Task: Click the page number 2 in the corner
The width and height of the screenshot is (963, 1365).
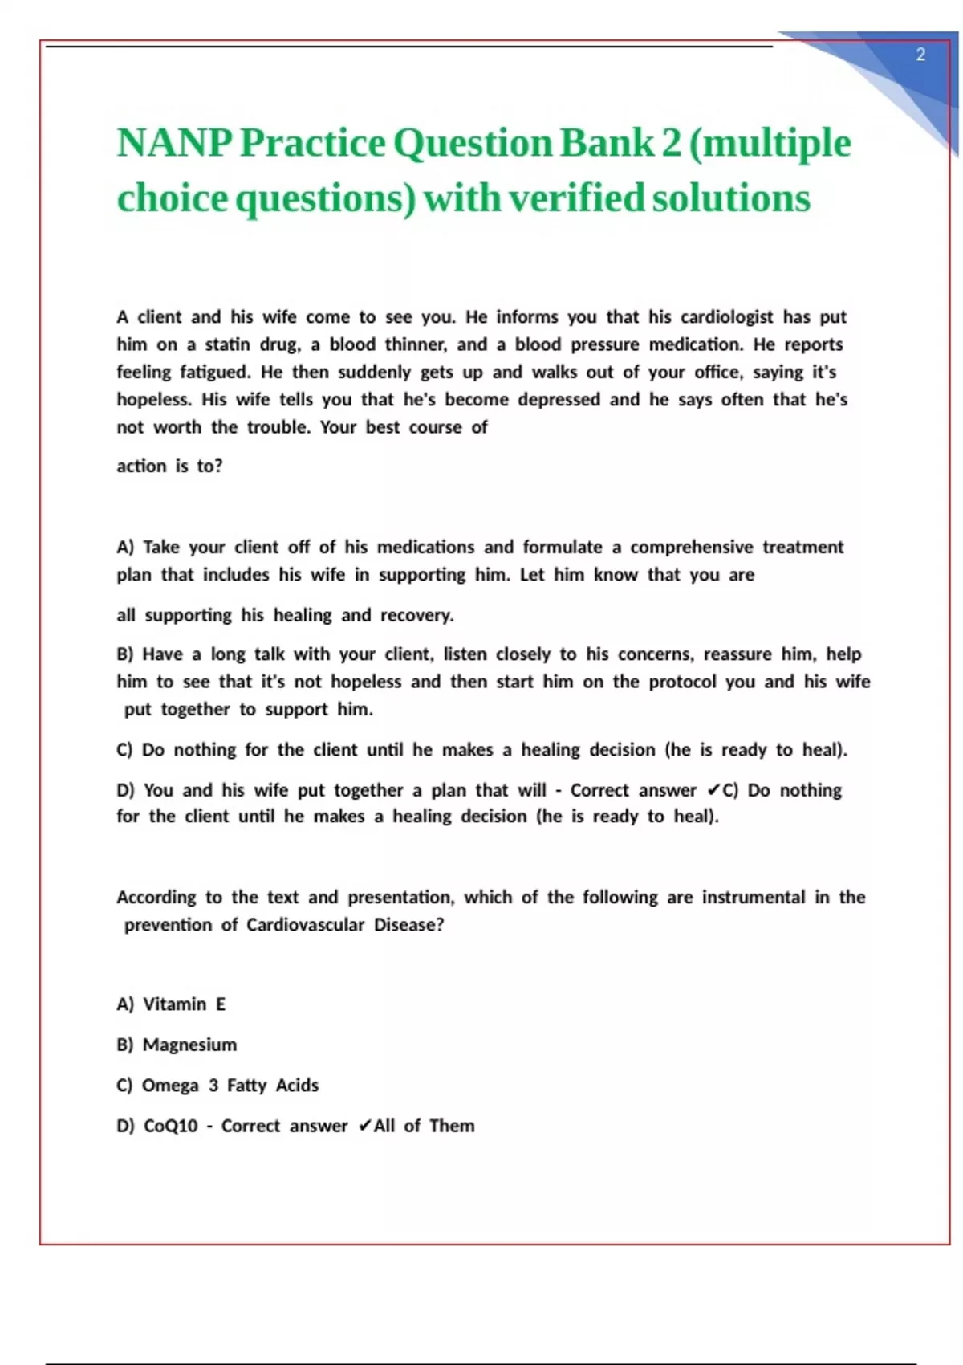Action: (x=920, y=55)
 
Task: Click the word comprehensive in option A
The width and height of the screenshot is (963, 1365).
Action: (x=692, y=548)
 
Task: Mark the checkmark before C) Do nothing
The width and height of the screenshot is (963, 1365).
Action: (x=714, y=791)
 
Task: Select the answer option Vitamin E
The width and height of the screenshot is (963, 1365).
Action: (x=184, y=1004)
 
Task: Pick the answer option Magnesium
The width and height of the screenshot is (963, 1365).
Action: (x=189, y=1045)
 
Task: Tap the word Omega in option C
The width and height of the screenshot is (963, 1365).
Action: (x=170, y=1086)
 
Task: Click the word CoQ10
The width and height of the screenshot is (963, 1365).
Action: (x=170, y=1126)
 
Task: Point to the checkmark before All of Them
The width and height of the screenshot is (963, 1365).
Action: (x=364, y=1126)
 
